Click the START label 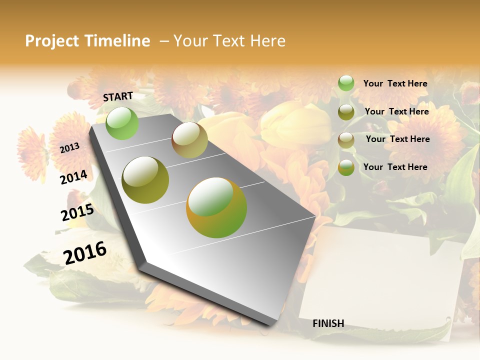(118, 96)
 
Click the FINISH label (328, 323)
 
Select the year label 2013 (69, 148)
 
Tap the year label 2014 (73, 177)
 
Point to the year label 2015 (77, 213)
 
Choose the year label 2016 (85, 252)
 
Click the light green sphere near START (122, 123)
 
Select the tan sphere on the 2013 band (189, 140)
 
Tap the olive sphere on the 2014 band (145, 180)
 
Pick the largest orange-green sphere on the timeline (216, 207)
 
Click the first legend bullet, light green (346, 83)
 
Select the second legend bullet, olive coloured (346, 112)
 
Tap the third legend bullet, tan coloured (346, 140)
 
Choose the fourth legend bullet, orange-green (346, 167)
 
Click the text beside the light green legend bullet (395, 83)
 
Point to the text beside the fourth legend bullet (395, 167)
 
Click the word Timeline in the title (117, 41)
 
